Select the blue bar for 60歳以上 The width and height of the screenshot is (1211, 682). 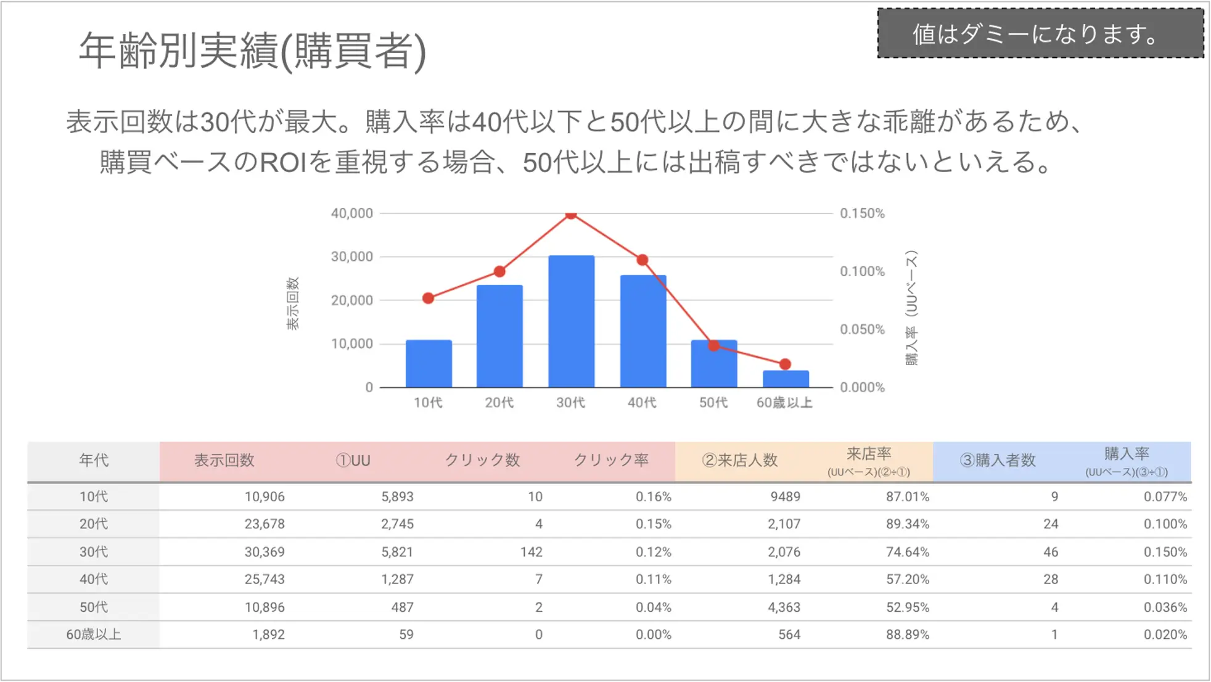785,379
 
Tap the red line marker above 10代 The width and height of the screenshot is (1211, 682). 429,298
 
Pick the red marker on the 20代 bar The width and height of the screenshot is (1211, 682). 499,271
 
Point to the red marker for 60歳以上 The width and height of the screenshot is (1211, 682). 785,364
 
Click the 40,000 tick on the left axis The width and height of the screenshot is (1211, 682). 352,213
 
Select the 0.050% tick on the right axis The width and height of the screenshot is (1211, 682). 862,329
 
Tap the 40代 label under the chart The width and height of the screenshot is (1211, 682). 642,403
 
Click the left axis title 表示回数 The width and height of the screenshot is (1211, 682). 292,303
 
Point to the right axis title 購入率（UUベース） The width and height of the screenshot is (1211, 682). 911,308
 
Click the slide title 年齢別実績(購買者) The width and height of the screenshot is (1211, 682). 252,51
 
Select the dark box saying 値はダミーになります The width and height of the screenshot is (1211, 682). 1040,34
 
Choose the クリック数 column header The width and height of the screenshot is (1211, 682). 482,460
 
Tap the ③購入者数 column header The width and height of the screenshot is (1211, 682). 998,460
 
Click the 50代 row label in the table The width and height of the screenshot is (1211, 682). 94,607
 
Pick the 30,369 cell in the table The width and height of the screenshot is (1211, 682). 265,552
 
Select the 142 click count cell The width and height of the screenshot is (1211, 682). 531,552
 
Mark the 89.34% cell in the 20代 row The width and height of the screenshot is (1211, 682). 907,524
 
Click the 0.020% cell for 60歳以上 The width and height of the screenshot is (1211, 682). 1165,635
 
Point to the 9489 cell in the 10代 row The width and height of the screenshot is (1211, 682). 785,496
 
